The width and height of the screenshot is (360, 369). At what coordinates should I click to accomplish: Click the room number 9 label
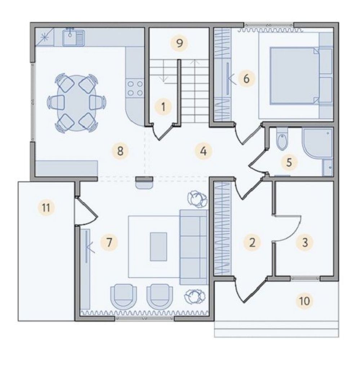179,43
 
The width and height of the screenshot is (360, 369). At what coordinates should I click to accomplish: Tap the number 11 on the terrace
46,208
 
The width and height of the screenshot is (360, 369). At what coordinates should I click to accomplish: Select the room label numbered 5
289,162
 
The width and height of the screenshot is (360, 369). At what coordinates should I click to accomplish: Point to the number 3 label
305,242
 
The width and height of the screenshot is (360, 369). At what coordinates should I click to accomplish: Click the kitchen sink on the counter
74,37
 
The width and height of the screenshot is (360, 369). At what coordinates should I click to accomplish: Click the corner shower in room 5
317,143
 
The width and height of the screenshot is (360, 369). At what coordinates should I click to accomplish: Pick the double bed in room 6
301,76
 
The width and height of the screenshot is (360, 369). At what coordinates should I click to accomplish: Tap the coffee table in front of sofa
159,247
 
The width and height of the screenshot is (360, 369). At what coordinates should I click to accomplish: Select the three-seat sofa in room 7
194,247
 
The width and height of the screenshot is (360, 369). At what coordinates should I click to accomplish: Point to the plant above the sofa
197,199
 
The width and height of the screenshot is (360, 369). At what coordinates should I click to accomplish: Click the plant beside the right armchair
195,297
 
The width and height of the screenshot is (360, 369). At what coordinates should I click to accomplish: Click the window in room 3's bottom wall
305,278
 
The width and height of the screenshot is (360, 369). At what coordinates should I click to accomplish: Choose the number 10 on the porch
305,301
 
